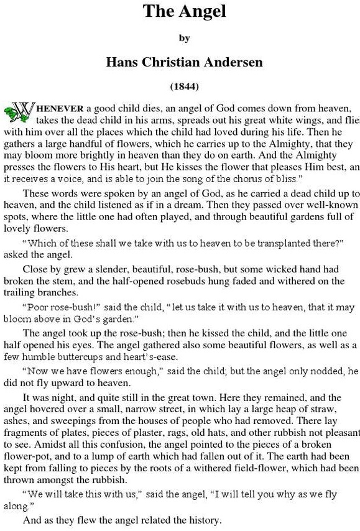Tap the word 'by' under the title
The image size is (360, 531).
(184, 39)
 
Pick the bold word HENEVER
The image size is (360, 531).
(60, 108)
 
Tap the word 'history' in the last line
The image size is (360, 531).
(203, 520)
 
